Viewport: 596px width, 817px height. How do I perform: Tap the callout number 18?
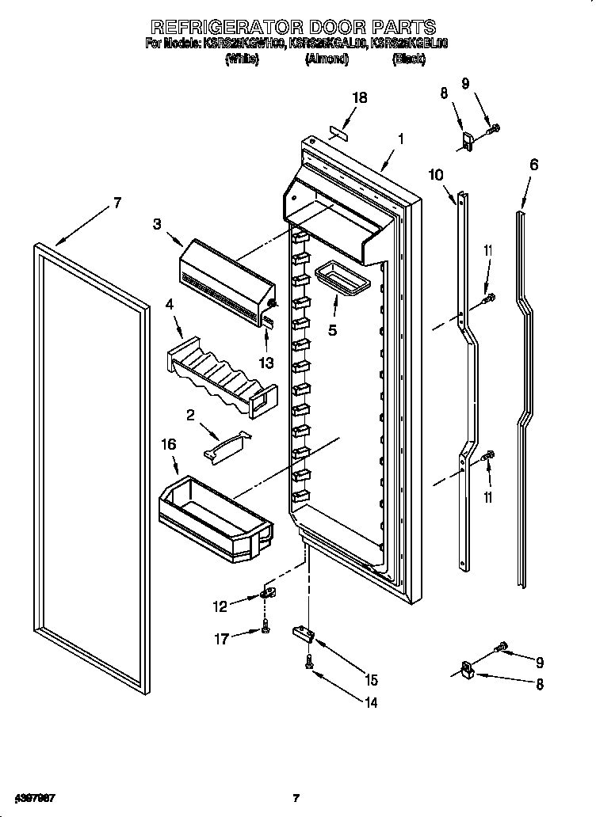coord(359,98)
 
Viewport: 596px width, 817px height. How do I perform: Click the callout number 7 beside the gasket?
coord(117,203)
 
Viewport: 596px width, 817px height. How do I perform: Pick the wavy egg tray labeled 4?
coord(222,372)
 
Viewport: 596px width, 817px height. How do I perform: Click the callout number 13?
coord(266,363)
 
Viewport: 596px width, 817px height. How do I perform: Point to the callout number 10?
coord(436,175)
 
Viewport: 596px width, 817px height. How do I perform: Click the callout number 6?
coord(533,165)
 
